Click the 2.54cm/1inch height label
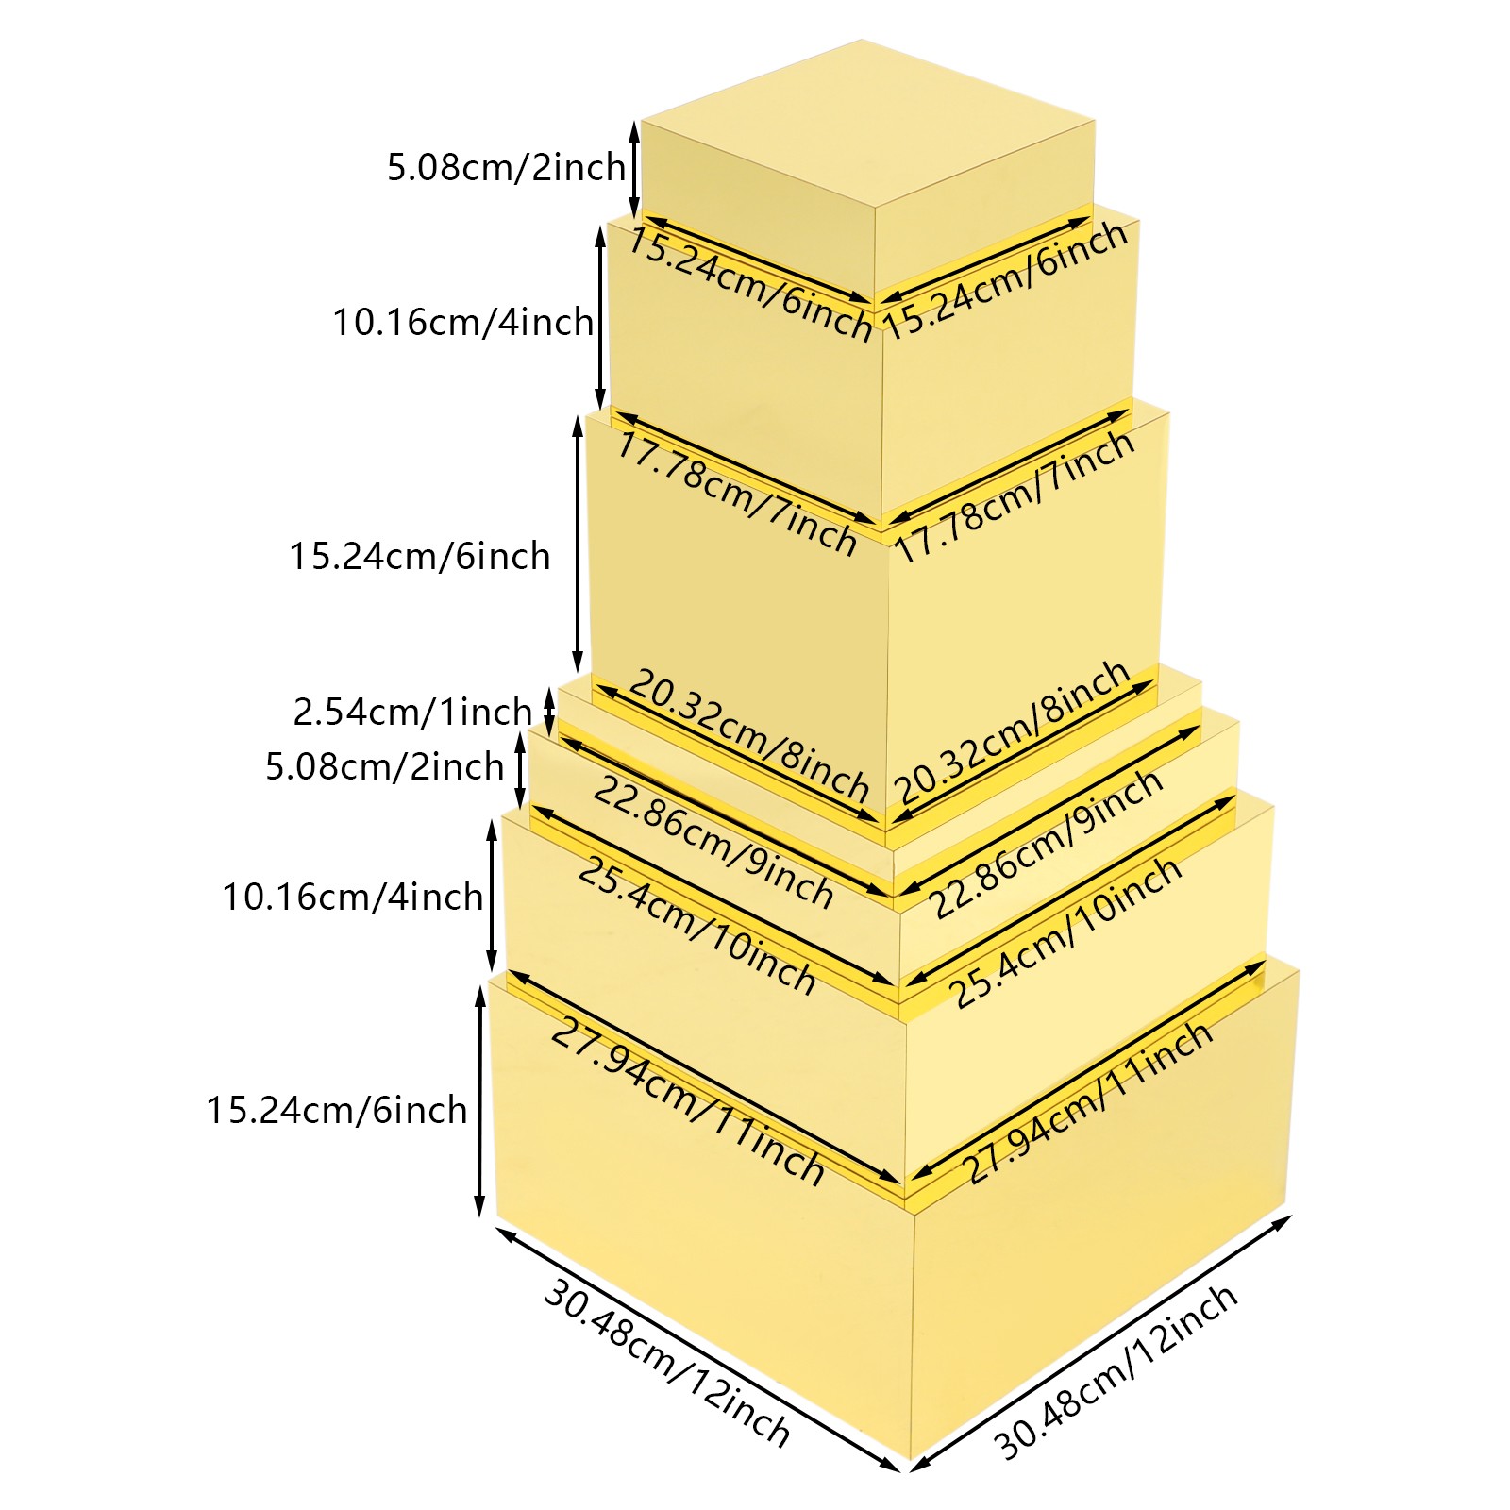[412, 712]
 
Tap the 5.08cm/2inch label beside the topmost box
[506, 167]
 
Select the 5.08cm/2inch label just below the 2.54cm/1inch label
[384, 766]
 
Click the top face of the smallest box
[866, 123]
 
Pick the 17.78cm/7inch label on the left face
[736, 494]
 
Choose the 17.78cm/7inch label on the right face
[1014, 496]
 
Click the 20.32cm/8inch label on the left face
[748, 734]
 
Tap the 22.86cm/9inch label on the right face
[1046, 843]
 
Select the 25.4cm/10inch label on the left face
[696, 926]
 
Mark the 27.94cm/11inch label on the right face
[1086, 1101]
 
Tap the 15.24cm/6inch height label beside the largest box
[337, 1110]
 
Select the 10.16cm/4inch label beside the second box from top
[462, 323]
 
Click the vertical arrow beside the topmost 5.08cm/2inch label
[635, 168]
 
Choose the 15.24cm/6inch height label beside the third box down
[419, 556]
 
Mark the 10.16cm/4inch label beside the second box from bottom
[352, 897]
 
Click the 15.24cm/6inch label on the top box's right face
[1005, 279]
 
